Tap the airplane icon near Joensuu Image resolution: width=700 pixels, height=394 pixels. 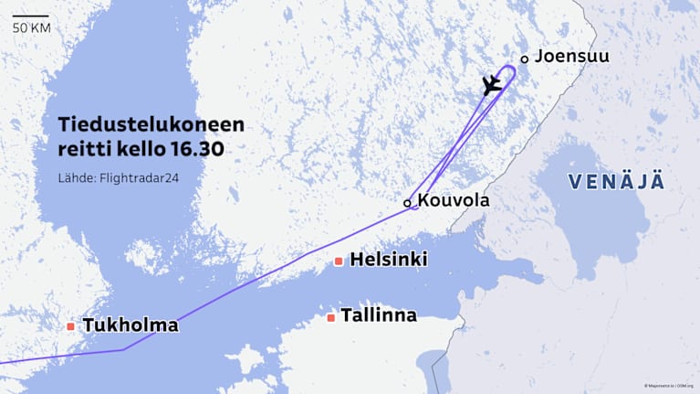click(x=492, y=85)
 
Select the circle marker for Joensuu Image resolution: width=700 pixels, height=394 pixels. click(x=524, y=59)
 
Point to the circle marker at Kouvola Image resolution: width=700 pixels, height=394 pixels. click(x=407, y=203)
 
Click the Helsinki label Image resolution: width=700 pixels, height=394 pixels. click(x=389, y=260)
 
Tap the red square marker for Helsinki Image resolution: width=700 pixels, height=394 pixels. click(x=339, y=261)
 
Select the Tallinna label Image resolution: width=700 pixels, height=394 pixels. click(x=378, y=315)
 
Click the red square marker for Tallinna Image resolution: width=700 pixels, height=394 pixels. click(x=330, y=318)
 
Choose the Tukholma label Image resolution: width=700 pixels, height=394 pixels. click(x=130, y=325)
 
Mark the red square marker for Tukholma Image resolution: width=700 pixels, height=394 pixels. click(x=70, y=325)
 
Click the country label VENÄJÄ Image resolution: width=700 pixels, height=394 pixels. click(x=616, y=181)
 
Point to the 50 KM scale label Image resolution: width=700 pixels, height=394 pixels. click(x=31, y=28)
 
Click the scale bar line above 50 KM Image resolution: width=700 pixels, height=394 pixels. click(x=31, y=16)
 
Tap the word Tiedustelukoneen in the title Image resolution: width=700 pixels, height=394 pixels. click(x=151, y=124)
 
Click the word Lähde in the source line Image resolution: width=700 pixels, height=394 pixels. click(x=75, y=177)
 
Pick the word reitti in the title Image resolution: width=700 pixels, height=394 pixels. click(x=83, y=148)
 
